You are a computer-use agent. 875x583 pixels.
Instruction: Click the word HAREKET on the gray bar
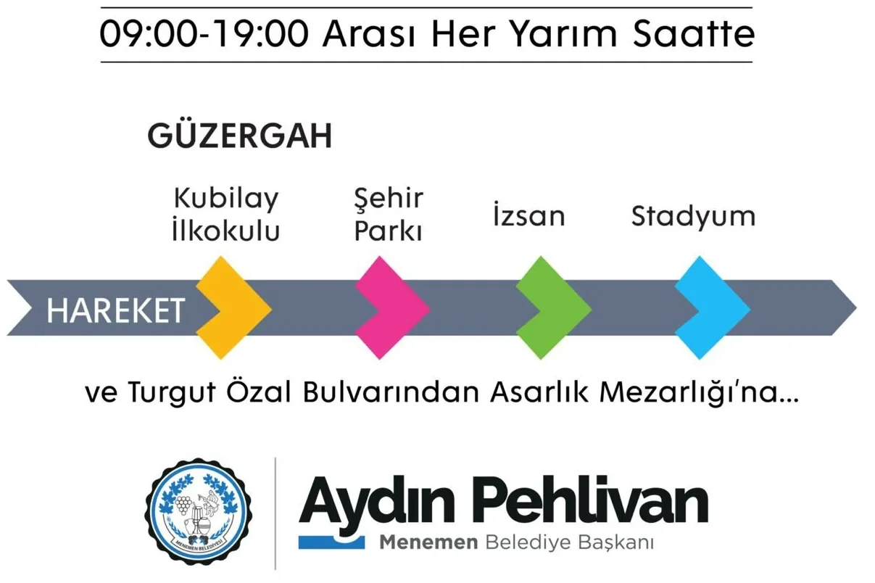pos(115,310)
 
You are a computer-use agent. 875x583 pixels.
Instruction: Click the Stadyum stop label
pos(693,217)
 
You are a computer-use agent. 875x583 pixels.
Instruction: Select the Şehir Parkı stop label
pos(389,215)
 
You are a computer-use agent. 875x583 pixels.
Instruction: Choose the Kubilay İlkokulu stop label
pos(226,215)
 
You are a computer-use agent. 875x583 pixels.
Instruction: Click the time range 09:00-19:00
pos(204,34)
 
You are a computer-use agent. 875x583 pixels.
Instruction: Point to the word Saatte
pos(694,34)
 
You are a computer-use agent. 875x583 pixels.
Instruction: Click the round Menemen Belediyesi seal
pos(199,511)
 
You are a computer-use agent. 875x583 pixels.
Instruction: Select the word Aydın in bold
pos(377,505)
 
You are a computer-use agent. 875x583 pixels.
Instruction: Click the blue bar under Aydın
pos(331,542)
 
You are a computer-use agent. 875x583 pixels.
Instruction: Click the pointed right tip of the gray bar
pos(856,308)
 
